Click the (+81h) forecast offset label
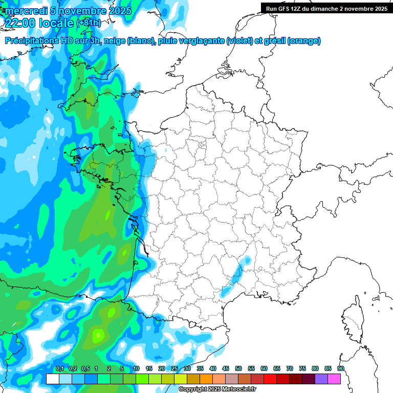pos(89,23)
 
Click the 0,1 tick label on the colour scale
pos(59,369)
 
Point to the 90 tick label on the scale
pos(341,369)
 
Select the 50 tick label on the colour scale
pos(238,369)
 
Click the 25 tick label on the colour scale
pos(174,369)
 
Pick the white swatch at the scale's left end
pos(52,379)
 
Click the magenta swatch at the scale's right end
pos(334,379)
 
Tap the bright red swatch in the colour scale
pos(270,379)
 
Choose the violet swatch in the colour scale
pos(321,379)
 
